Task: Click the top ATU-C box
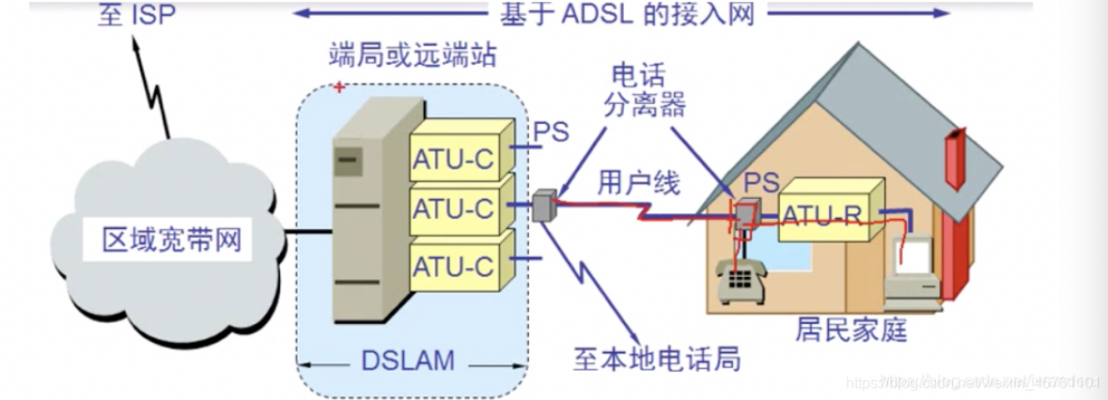(452, 160)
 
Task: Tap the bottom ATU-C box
(452, 266)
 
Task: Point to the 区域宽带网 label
(172, 240)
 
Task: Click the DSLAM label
(409, 359)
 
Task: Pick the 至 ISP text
(136, 16)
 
